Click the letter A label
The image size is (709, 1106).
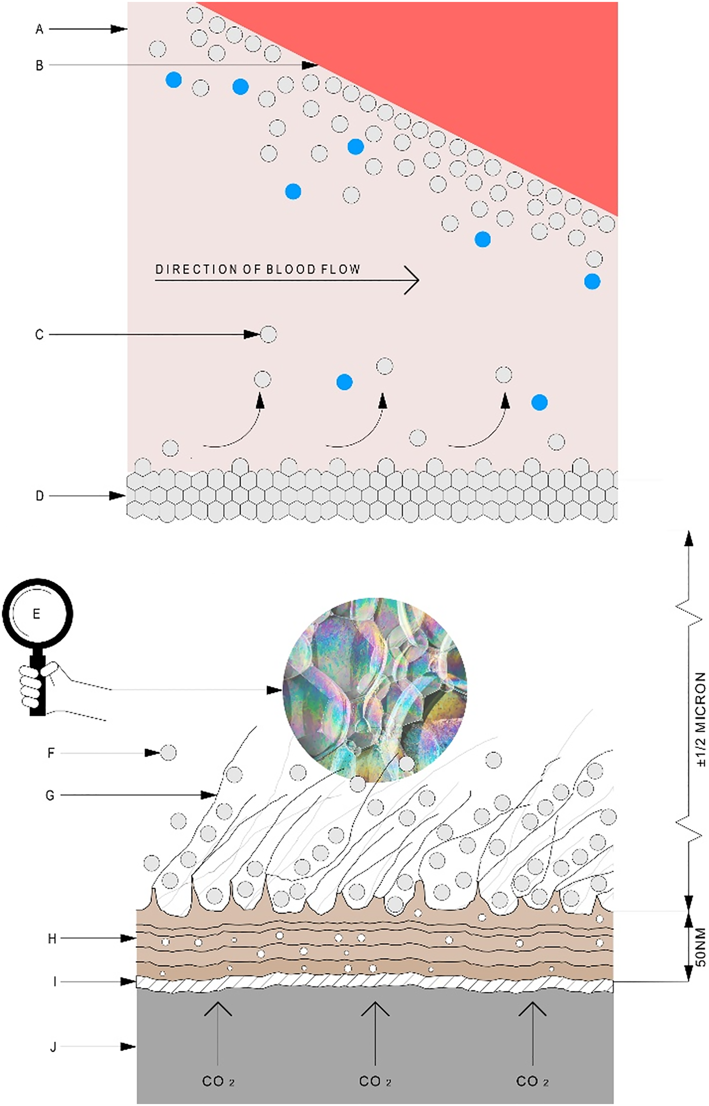click(x=39, y=29)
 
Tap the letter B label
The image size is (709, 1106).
click(x=39, y=65)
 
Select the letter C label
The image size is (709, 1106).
click(x=39, y=335)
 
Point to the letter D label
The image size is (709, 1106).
click(x=40, y=496)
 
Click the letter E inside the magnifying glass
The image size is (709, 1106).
click(x=36, y=614)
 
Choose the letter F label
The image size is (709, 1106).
click(x=51, y=753)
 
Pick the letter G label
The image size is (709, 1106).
click(x=50, y=795)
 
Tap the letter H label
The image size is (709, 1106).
click(x=52, y=939)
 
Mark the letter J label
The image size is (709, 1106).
click(x=53, y=1047)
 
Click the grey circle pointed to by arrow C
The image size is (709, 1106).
click(x=268, y=335)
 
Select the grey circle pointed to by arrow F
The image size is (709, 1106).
click(x=169, y=753)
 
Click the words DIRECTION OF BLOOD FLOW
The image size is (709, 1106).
click(x=257, y=269)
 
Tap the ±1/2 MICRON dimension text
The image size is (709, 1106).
click(x=700, y=720)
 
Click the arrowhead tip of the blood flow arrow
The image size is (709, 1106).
click(x=418, y=280)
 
